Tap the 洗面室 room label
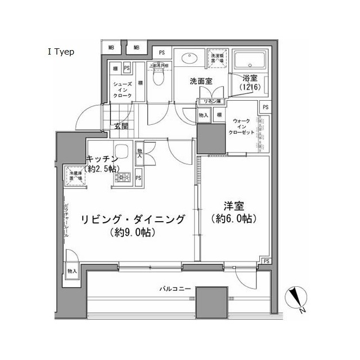click(x=200, y=81)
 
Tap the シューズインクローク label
click(x=123, y=90)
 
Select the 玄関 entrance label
click(x=121, y=126)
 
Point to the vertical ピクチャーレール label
click(x=66, y=219)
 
